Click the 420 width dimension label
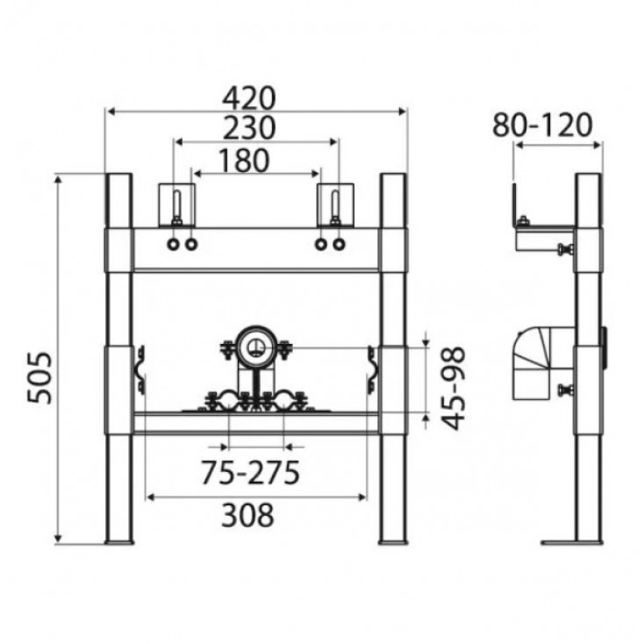pyautogui.click(x=248, y=98)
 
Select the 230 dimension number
pyautogui.click(x=248, y=128)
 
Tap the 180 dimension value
pyautogui.click(x=244, y=161)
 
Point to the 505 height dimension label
pyautogui.click(x=40, y=377)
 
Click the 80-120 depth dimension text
pyautogui.click(x=542, y=125)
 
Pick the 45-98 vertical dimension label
pyautogui.click(x=454, y=388)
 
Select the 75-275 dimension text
pyautogui.click(x=250, y=473)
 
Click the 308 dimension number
pyautogui.click(x=247, y=515)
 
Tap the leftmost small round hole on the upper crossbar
pyautogui.click(x=173, y=245)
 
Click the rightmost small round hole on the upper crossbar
pyautogui.click(x=339, y=245)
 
